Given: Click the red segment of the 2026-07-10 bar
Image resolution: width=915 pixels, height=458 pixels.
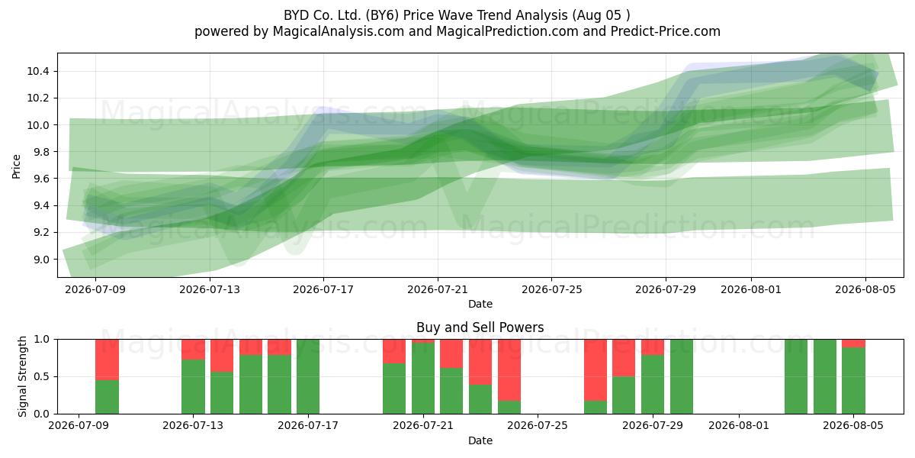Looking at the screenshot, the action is [x=107, y=360].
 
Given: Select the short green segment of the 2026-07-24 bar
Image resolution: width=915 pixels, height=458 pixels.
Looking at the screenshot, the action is [x=509, y=408].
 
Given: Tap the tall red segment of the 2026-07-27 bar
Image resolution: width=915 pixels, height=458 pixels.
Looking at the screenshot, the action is [x=596, y=370].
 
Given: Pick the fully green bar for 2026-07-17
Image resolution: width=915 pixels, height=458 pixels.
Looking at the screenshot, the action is [x=308, y=376].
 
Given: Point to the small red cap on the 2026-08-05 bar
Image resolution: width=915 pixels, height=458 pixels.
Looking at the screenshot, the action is [x=853, y=343].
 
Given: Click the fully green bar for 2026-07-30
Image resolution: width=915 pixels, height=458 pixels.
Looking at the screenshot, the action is [x=682, y=376].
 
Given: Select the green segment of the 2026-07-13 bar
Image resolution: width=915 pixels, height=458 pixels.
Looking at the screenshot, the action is [x=193, y=387].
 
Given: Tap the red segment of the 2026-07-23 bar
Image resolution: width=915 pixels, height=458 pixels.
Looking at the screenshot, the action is [x=480, y=362].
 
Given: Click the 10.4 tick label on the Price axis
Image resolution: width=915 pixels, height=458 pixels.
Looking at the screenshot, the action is [x=38, y=72].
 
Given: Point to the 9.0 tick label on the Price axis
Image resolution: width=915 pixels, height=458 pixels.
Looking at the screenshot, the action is [x=40, y=260].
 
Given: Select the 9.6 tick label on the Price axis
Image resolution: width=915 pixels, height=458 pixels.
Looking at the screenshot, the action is [x=40, y=179].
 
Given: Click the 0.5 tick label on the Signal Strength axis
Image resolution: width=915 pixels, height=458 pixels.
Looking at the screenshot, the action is [x=40, y=376].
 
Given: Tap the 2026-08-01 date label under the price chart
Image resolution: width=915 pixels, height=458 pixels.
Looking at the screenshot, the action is [x=751, y=289].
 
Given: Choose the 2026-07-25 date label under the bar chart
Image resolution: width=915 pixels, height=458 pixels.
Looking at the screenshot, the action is [x=538, y=426].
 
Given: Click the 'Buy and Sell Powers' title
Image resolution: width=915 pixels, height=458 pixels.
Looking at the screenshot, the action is [x=480, y=327].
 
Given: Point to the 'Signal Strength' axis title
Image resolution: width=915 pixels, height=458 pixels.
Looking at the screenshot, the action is [x=22, y=376].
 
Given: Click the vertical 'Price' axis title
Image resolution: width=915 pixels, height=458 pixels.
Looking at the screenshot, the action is [x=16, y=166].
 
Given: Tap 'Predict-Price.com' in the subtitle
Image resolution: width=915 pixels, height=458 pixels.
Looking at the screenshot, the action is [x=666, y=31].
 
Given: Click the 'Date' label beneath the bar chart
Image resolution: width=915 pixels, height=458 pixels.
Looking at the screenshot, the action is [x=480, y=441].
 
